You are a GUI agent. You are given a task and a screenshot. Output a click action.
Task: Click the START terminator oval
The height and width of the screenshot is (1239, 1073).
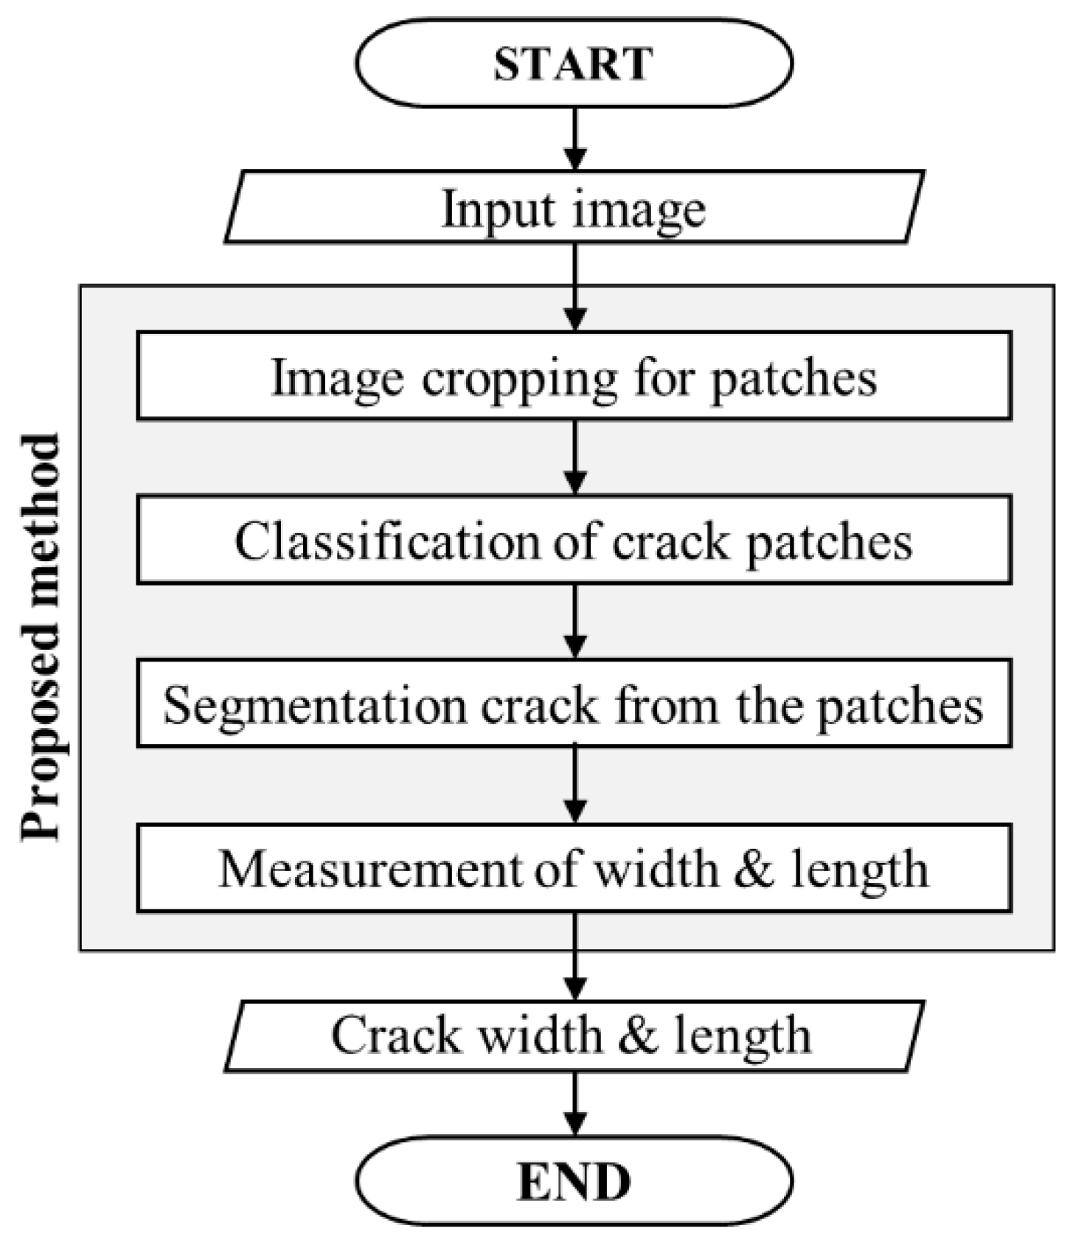[574, 63]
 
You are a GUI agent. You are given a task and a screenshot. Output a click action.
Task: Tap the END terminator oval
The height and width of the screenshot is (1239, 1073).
[574, 1182]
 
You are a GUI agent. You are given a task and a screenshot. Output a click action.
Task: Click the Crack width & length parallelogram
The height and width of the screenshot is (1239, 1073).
[574, 1035]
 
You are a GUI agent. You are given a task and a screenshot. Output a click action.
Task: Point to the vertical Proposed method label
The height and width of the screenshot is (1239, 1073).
[40, 637]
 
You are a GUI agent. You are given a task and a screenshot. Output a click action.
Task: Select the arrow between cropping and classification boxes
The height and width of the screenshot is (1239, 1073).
[574, 457]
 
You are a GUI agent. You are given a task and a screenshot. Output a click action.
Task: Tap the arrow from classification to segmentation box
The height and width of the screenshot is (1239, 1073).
[574, 621]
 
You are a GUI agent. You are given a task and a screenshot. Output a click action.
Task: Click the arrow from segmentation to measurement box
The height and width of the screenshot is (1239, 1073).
[574, 785]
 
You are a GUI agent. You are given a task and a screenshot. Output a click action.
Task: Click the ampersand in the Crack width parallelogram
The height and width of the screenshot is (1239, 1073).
[638, 1035]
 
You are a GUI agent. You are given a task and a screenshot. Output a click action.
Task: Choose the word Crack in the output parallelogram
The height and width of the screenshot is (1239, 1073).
[394, 1035]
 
